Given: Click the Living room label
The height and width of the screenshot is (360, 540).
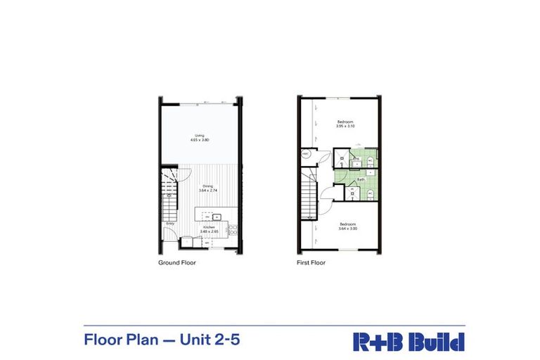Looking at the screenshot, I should point(200,135).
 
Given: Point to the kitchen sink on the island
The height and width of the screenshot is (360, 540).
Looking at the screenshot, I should point(217,217).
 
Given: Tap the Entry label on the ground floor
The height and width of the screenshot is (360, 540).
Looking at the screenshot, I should point(170,224).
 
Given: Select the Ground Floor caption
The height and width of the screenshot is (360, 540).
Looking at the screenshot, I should point(177,262).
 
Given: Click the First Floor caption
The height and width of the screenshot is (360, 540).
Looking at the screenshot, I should point(311,262).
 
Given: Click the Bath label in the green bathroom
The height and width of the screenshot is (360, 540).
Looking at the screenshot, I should point(361,179).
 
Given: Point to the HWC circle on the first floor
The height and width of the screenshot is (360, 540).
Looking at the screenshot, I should point(306,154).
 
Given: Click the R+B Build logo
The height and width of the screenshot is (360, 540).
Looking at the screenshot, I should point(409,342).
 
